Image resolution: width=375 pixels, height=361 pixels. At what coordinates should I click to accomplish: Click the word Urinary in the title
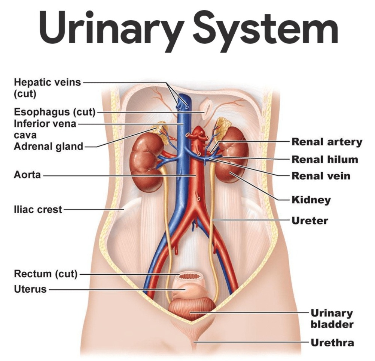coord(112,28)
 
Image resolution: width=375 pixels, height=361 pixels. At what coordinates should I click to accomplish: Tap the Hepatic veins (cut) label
coord(48,88)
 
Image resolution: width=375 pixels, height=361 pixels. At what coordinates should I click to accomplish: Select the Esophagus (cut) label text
coord(55,112)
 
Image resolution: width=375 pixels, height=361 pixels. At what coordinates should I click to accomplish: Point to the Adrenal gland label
coord(49,146)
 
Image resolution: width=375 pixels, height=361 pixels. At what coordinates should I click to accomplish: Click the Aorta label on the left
coord(27,175)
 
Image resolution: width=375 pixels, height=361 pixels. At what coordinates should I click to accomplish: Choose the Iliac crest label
coord(38,209)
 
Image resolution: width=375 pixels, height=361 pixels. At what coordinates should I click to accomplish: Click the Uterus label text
coord(30,289)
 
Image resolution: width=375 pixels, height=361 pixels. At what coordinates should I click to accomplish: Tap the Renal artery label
coord(327,142)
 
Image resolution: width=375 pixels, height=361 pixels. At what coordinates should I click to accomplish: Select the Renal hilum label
coord(325,159)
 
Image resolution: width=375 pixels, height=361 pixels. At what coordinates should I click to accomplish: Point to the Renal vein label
coord(321,176)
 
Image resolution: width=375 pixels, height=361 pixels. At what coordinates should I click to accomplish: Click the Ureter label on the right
coord(310,220)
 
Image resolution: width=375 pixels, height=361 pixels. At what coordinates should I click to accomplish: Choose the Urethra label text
coord(332,343)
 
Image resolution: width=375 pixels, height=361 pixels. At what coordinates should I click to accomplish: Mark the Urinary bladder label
coord(332,318)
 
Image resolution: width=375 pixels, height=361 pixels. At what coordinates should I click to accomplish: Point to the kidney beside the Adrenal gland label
coord(146,162)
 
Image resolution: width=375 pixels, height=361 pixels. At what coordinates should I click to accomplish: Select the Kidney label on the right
coord(311,200)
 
